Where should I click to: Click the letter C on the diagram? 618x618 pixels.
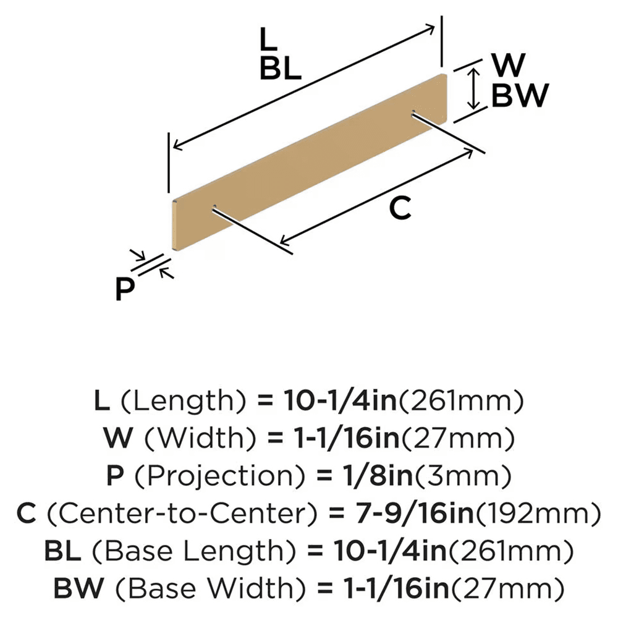pyautogui.click(x=400, y=210)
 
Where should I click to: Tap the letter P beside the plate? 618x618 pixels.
pyautogui.click(x=125, y=289)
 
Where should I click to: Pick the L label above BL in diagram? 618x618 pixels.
pyautogui.click(x=266, y=41)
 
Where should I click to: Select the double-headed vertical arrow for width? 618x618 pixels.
pyautogui.click(x=473, y=88)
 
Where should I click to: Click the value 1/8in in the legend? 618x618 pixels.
pyautogui.click(x=365, y=476)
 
